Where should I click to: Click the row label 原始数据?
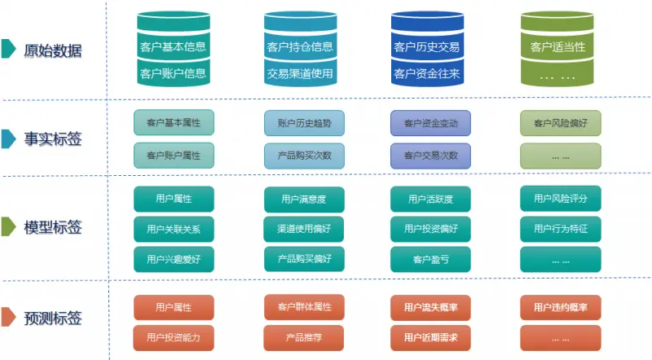tap(53, 50)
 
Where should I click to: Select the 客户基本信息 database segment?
tap(173, 46)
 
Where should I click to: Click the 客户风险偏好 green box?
tap(560, 123)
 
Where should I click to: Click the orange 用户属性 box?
tap(173, 307)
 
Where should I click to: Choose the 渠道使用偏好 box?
tap(304, 229)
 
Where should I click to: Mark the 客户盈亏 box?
tap(430, 260)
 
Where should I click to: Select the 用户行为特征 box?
tap(560, 229)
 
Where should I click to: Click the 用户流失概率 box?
tap(430, 307)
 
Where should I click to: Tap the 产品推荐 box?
tap(304, 336)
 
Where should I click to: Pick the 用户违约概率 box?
tap(560, 307)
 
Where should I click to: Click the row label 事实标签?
tap(53, 139)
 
